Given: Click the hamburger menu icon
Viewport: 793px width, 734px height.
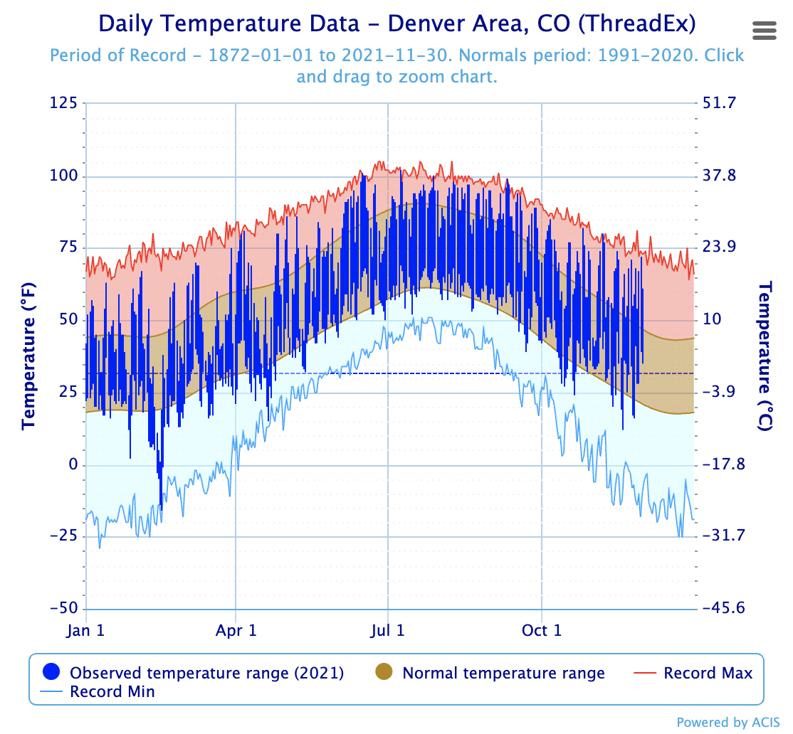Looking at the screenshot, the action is (765, 31).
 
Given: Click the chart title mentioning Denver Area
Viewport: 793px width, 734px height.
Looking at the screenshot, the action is (397, 23).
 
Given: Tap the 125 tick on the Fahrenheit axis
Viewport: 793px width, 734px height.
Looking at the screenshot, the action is (63, 103).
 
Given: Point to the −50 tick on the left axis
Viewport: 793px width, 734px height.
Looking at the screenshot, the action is (63, 607).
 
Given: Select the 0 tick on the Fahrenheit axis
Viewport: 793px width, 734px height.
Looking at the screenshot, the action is (73, 464).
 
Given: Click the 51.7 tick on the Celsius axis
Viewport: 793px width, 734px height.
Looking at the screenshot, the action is (719, 103).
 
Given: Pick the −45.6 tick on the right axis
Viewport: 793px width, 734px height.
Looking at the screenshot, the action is (724, 607).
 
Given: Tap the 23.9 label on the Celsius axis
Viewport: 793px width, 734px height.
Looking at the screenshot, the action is (719, 247).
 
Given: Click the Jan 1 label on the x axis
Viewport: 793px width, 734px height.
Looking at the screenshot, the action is (85, 630).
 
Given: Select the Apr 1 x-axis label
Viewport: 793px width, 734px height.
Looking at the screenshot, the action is (236, 630).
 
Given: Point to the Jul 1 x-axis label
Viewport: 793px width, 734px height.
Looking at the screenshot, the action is (387, 630).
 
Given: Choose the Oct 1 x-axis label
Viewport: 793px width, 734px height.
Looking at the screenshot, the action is (542, 630).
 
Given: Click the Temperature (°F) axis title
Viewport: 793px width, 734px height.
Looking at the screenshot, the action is (28, 356).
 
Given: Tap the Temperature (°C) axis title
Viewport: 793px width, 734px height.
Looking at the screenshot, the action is (765, 356).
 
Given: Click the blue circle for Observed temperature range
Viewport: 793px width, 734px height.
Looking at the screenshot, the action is (51, 671).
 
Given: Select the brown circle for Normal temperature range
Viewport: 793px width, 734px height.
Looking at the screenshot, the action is (384, 671).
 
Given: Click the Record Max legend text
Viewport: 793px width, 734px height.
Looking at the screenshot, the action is (708, 673).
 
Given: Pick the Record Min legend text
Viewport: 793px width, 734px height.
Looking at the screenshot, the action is (112, 691).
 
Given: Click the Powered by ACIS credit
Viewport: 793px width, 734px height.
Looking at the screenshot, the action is (728, 723).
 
